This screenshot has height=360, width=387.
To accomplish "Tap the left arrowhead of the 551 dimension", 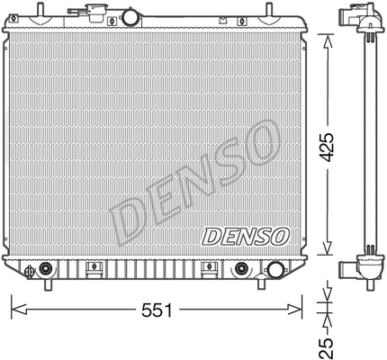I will click(x=14, y=309).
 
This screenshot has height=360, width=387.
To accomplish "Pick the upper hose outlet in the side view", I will click(x=346, y=18).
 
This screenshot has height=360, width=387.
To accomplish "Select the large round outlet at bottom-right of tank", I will click(x=241, y=269).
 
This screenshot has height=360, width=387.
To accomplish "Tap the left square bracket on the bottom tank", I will click(x=91, y=268).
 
